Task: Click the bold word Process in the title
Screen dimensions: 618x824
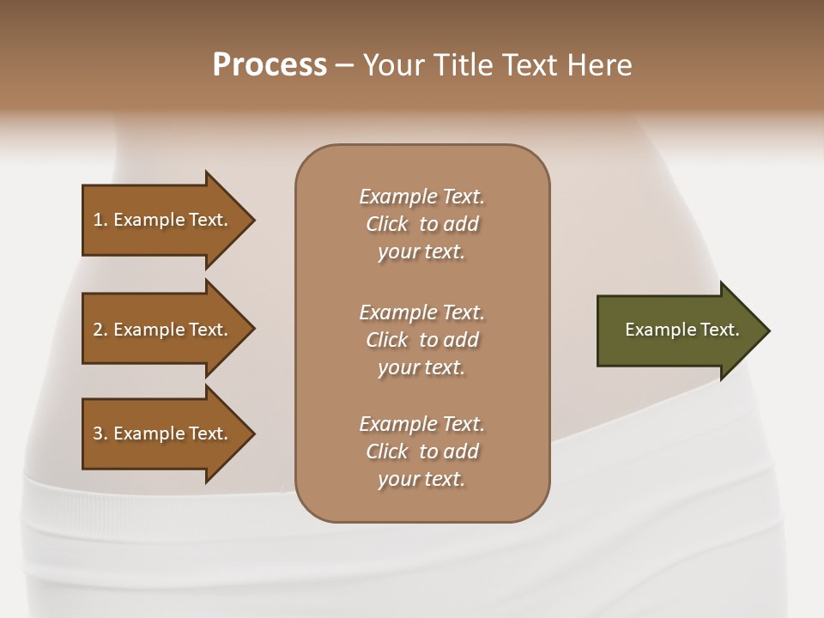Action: [270, 65]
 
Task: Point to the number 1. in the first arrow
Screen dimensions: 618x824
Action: [100, 220]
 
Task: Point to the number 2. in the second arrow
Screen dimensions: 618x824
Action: [100, 330]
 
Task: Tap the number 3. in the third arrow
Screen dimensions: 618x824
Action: [100, 433]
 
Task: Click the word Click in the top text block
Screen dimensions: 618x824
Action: [387, 224]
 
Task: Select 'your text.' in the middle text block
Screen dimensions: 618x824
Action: [421, 367]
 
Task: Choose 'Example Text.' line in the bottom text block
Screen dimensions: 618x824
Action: [421, 424]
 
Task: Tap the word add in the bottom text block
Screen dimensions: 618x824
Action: [461, 451]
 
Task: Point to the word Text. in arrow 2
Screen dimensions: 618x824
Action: [208, 330]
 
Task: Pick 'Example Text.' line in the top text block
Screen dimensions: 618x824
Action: [421, 197]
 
